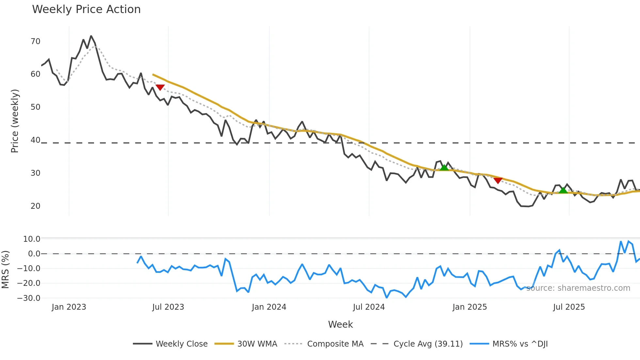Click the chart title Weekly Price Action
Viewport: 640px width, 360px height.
(x=86, y=9)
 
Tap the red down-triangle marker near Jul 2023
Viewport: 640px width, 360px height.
(x=160, y=87)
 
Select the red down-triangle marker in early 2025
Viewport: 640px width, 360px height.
(x=498, y=180)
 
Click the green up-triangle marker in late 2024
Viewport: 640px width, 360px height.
(x=444, y=168)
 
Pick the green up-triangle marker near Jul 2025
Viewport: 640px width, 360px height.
(x=563, y=190)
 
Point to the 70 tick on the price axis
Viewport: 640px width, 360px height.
(x=35, y=41)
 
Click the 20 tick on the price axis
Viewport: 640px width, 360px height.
(x=35, y=206)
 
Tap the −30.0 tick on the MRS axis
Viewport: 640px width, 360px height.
(x=29, y=298)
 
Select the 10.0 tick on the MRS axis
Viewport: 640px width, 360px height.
(x=32, y=239)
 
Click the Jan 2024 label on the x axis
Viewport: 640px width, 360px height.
(x=269, y=307)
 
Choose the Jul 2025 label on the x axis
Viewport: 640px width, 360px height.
(x=569, y=307)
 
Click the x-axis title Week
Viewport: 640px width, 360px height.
(x=340, y=324)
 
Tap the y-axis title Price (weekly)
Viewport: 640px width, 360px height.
(x=15, y=121)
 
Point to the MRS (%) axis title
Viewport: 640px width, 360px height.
(x=5, y=270)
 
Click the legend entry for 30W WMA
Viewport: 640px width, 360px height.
(x=257, y=344)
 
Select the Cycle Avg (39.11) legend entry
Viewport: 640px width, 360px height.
(x=428, y=344)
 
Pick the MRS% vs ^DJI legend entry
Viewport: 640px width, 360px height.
(x=520, y=344)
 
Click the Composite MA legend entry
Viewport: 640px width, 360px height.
(x=335, y=344)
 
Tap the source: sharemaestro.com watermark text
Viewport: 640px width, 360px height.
(x=578, y=288)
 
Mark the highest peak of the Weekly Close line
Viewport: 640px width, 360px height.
(x=91, y=36)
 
